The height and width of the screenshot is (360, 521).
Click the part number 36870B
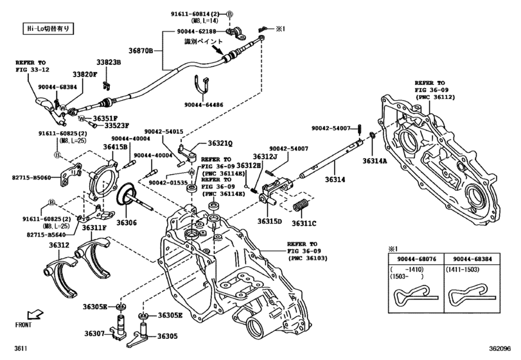tap(142, 50)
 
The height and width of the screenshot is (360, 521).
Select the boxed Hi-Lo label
tap(48, 28)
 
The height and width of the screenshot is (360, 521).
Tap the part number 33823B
tap(108, 63)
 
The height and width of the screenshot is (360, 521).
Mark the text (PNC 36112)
tap(437, 98)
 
